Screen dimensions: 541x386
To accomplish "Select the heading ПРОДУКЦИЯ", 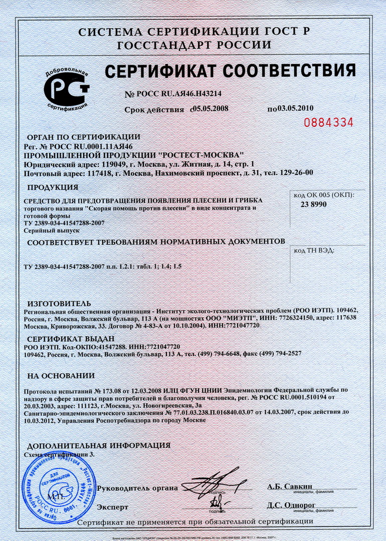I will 53,187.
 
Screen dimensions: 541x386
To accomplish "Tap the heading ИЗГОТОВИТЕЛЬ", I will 59,304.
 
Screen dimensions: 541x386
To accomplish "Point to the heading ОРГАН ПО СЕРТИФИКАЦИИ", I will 83,137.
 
